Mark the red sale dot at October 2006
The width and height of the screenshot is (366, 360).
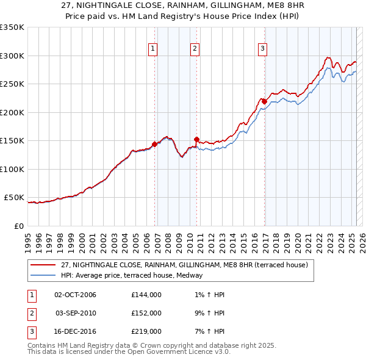[154, 145]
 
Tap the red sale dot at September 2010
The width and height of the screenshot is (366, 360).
[196, 139]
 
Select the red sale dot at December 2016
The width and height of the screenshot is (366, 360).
[264, 101]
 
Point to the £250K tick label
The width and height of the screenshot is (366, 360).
[12, 84]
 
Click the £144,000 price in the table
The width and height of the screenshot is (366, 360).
[146, 295]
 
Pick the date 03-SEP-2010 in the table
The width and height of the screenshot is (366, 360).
[76, 312]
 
